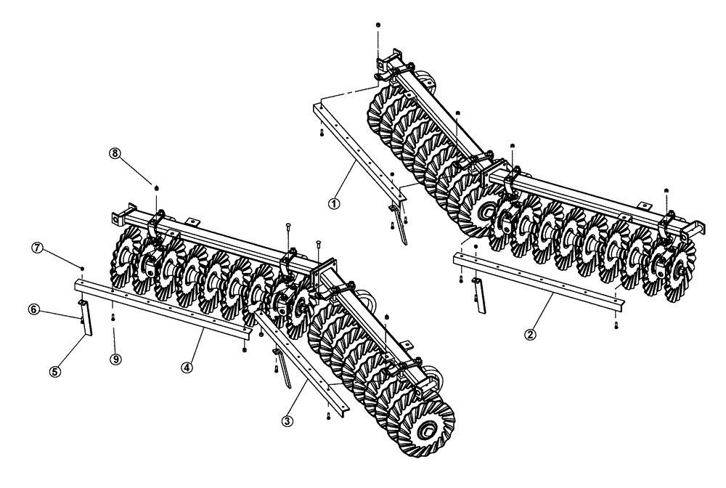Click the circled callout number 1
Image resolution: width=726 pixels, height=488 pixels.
(334, 204)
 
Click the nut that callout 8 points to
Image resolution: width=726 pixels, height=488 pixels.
(156, 188)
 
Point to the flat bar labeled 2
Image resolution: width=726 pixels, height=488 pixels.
(537, 280)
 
